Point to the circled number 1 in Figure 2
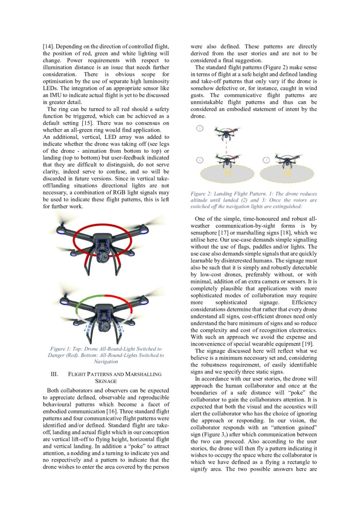tap(199, 128)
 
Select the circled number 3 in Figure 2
tap(266, 160)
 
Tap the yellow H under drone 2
tap(226, 173)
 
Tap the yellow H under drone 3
tap(286, 173)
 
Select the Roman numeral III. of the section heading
tap(54, 374)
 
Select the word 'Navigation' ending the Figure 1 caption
tap(106, 361)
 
